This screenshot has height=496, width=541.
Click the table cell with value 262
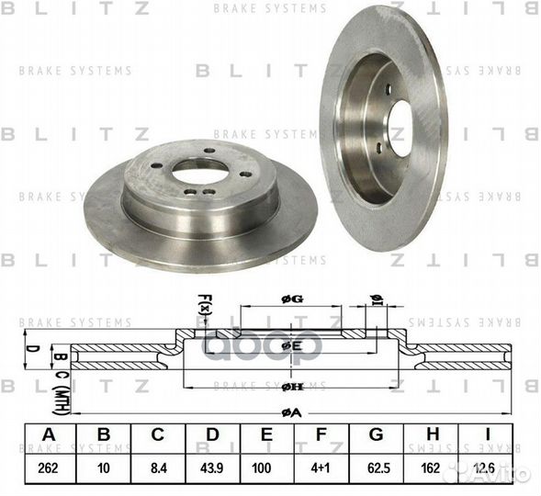pyautogui.click(x=47, y=467)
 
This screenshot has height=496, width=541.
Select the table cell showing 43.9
pyautogui.click(x=213, y=467)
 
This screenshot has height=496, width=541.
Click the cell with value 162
pyautogui.click(x=435, y=467)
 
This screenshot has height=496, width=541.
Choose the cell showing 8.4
pyautogui.click(x=158, y=467)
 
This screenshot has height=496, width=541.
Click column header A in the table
pyautogui.click(x=47, y=435)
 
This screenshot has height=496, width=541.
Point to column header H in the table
pyautogui.click(x=435, y=435)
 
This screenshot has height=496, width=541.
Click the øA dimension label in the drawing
pyautogui.click(x=291, y=412)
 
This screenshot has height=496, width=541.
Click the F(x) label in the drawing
pyautogui.click(x=203, y=302)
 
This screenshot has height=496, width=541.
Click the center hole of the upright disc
pyautogui.click(x=401, y=126)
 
